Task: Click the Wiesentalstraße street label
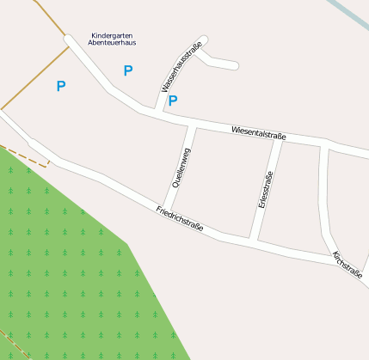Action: [x=258, y=133]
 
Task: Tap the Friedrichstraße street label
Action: [x=180, y=218]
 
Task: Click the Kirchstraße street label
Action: [x=347, y=265]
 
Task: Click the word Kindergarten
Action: [x=112, y=35]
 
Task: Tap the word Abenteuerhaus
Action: [x=112, y=43]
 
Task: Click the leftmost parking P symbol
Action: [x=60, y=86]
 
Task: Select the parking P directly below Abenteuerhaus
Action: [x=128, y=71]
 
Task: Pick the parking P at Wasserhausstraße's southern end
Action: [x=173, y=101]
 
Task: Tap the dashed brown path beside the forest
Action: [x=30, y=157]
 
